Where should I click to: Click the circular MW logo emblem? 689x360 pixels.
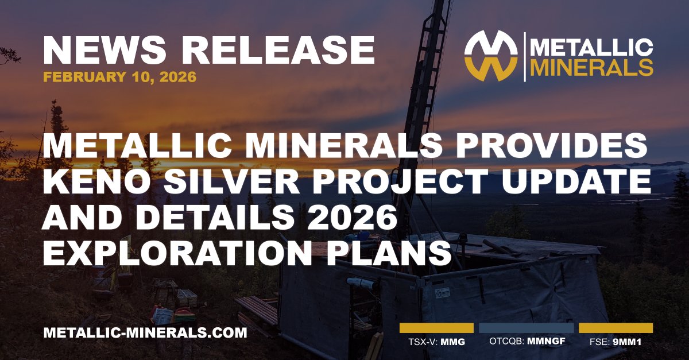tap(489, 56)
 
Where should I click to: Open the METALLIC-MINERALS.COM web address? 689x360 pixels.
tap(145, 332)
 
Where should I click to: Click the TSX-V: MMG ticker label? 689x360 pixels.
tap(436, 343)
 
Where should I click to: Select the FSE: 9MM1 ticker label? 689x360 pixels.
tap(615, 343)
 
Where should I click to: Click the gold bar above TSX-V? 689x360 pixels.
tap(436, 328)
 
